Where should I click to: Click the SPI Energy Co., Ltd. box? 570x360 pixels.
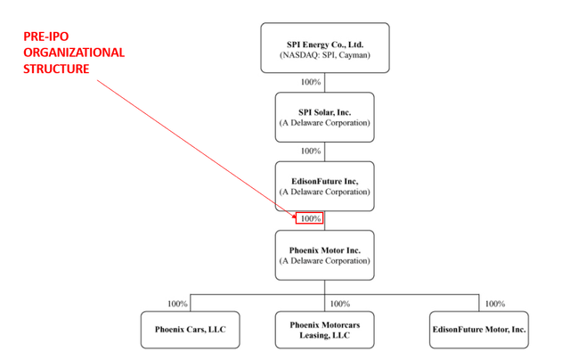325,47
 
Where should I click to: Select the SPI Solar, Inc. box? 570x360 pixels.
324,117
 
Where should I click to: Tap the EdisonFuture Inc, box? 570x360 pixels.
324,186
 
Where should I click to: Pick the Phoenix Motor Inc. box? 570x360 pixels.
324,255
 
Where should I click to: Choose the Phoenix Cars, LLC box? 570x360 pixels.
190,330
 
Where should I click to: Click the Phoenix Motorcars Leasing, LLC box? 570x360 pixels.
324,330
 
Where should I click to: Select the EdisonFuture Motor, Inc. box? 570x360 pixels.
479,330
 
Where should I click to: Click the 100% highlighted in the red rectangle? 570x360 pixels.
311,218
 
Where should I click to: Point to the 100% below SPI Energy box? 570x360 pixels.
311,82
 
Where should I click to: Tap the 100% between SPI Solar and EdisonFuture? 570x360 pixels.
311,151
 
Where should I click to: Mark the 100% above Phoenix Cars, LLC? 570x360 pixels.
177,304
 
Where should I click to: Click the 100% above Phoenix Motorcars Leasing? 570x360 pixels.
340,304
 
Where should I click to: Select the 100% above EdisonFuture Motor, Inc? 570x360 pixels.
495,304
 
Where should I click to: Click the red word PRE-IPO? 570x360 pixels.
45,37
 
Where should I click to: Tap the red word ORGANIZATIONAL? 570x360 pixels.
74,53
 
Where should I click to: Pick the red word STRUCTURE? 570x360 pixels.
56,69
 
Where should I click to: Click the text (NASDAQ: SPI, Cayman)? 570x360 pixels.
324,55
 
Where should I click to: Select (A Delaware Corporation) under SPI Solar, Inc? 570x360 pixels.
324,123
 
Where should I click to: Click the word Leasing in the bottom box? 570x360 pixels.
311,335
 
